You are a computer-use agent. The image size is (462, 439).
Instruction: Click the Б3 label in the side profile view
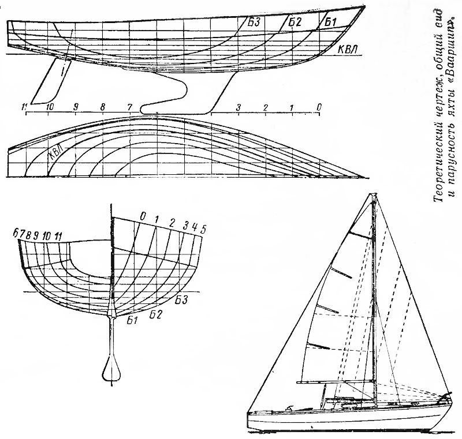coord(254,22)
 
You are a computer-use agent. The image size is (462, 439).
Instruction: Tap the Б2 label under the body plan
coord(155,314)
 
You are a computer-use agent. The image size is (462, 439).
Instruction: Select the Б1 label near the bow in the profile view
coord(330,22)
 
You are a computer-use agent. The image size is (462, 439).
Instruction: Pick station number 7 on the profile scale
coord(129,107)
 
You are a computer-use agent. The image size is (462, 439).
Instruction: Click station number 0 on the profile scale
coord(319,107)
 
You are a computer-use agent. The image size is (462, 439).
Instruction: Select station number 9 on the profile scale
coord(76,107)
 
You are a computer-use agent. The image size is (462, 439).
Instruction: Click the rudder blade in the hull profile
coord(51,81)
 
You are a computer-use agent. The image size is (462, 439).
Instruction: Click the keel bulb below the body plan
coord(111,369)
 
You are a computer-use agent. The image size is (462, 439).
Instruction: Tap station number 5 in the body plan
coord(203,229)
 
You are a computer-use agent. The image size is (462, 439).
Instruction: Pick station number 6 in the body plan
coord(16,233)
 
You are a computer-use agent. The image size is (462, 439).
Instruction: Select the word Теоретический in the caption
coord(438,152)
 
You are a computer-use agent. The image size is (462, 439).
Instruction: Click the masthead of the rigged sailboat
coord(374,196)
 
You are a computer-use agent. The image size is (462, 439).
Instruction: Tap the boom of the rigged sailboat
coord(336,382)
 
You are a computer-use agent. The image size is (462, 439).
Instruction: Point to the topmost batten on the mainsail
coord(360,235)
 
